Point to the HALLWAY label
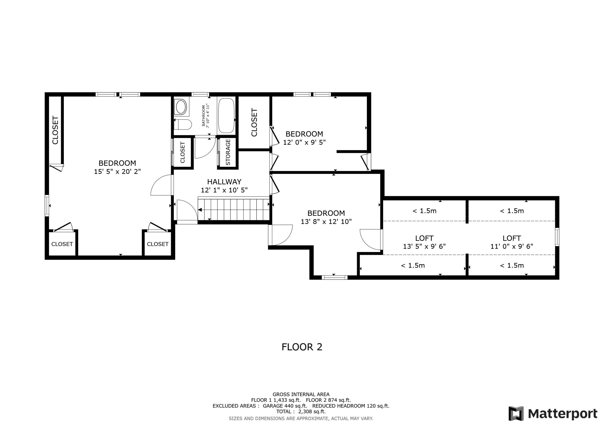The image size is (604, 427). pos(224,182)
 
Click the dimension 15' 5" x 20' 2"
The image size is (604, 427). pos(117,172)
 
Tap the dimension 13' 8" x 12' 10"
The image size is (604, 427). pos(326,221)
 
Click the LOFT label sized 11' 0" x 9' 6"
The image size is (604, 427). pos(511,238)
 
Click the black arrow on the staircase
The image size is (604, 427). pos(200,210)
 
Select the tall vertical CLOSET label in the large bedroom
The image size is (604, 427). pos(55,130)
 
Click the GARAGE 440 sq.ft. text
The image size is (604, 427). pos(285,406)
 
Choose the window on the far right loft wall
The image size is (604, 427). pos(557,237)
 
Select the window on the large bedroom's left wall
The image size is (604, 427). pos(47,206)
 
